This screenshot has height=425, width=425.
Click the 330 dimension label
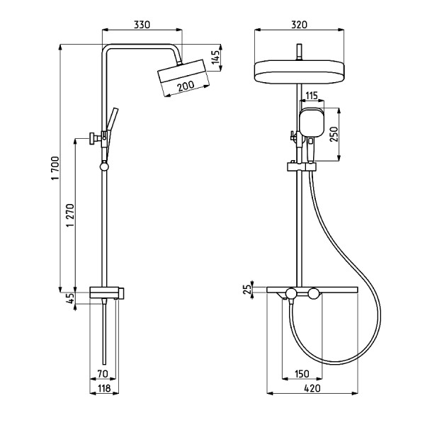point(142,25)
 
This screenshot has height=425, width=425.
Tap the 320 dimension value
point(299,25)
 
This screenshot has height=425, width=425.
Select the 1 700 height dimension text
point(55,168)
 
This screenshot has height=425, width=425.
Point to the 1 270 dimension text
point(70,215)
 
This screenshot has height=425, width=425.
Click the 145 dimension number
point(216,57)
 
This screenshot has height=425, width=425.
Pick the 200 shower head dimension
point(186,86)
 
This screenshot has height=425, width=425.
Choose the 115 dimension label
point(311,96)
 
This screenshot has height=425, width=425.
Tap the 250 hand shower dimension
point(334,134)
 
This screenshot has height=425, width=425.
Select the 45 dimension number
point(70,298)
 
